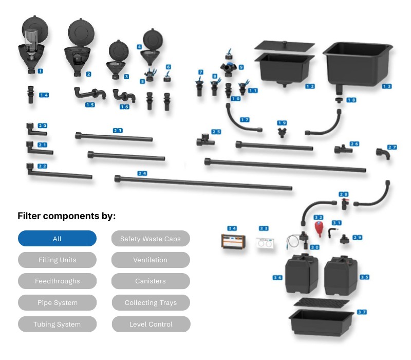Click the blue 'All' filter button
click(x=57, y=239)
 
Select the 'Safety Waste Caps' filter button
click(x=151, y=239)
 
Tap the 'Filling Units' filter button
click(x=57, y=260)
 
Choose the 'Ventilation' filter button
click(x=151, y=260)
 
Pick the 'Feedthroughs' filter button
click(x=57, y=281)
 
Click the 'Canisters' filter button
click(x=151, y=281)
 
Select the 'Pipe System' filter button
click(x=57, y=302)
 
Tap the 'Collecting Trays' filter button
click(x=151, y=302)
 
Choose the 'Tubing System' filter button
click(x=57, y=324)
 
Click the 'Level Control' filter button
click(x=151, y=324)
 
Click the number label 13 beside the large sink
click(x=386, y=86)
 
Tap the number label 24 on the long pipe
click(x=142, y=173)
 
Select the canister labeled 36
click(x=301, y=275)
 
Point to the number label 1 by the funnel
click(x=40, y=70)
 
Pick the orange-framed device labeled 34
click(x=233, y=241)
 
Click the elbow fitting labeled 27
click(x=382, y=154)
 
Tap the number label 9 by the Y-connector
click(x=240, y=67)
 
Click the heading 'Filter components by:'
click(x=67, y=216)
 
